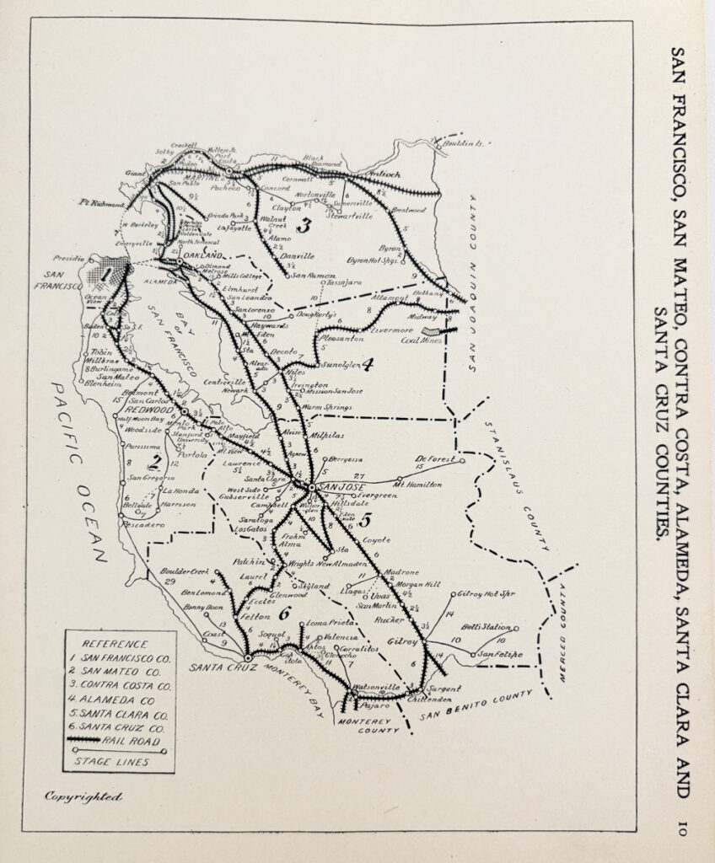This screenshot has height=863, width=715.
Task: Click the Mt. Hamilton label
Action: pos(417,485)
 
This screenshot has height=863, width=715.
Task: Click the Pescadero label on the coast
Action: pos(138,525)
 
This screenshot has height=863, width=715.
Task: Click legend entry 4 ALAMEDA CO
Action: pos(117,700)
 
